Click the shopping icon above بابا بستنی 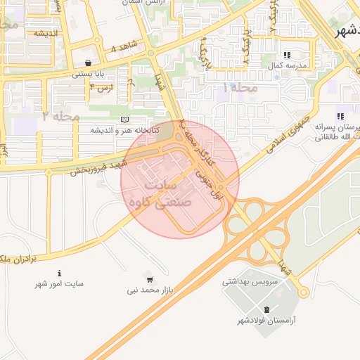coord(87,63)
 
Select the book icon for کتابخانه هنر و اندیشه coord(125,120)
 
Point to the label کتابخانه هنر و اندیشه coord(124,130)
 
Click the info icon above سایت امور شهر coord(60,273)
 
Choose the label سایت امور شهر coord(60,284)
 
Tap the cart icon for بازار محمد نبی coord(148,278)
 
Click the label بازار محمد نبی coord(150,289)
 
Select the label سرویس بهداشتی coord(250,281)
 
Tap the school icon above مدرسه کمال coord(286,54)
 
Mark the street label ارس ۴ coord(101,87)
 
